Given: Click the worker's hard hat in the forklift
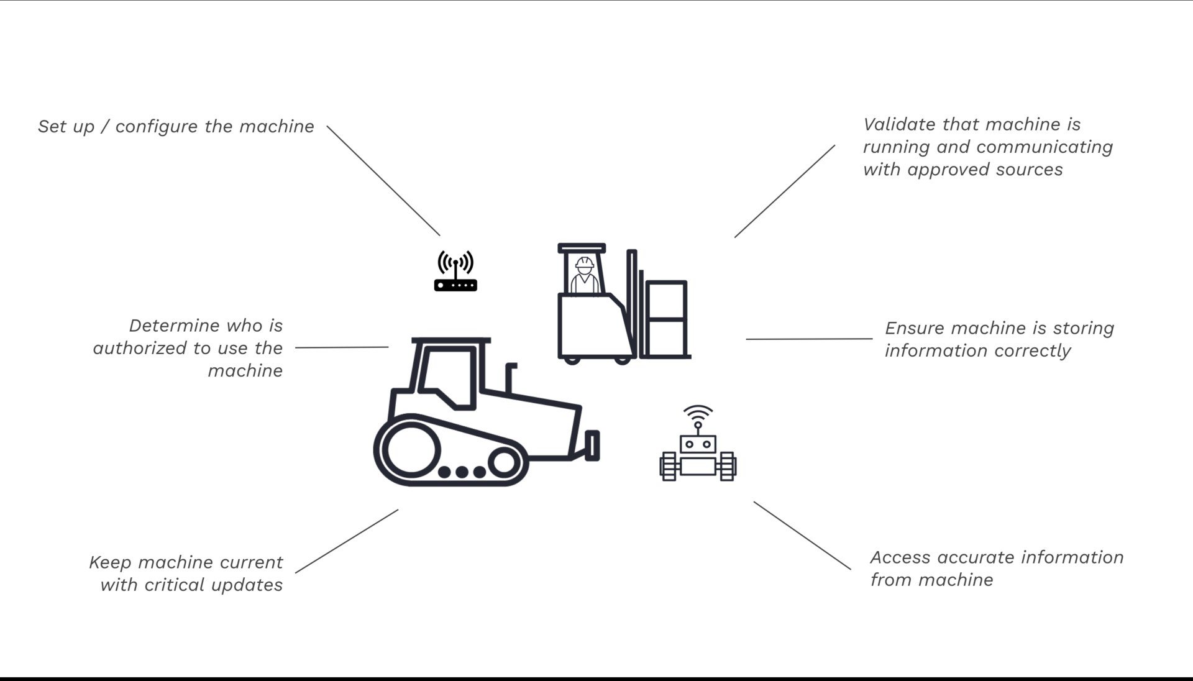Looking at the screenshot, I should tap(584, 263).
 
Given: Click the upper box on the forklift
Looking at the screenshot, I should tap(666, 300).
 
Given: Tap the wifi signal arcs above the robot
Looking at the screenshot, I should tap(698, 412).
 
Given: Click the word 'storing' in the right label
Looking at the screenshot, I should tap(1082, 328).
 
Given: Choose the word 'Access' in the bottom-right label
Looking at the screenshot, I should tap(900, 557).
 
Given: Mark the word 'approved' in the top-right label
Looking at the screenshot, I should tap(948, 170).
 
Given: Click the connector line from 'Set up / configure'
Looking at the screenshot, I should tap(383, 181).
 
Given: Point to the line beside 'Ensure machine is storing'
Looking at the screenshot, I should tap(808, 339).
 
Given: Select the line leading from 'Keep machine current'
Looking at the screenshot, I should tap(347, 541).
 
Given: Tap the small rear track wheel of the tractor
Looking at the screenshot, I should tap(504, 462).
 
